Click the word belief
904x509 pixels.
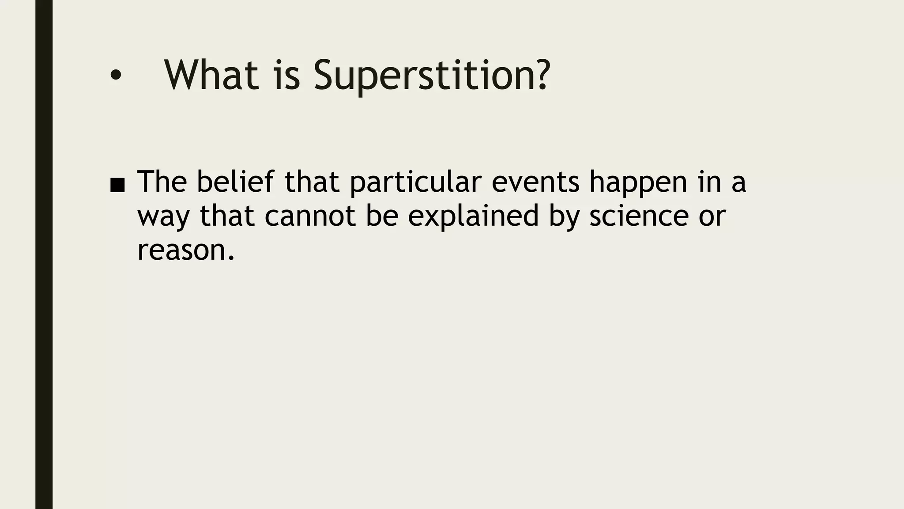tap(235, 182)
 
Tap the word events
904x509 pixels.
tap(535, 182)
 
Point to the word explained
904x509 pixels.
tap(473, 217)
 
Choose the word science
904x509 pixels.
tap(639, 216)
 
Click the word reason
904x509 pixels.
tap(181, 251)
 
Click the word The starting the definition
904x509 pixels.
tap(162, 182)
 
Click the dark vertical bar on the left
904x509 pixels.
tap(44, 254)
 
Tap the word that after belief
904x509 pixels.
tap(312, 182)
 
